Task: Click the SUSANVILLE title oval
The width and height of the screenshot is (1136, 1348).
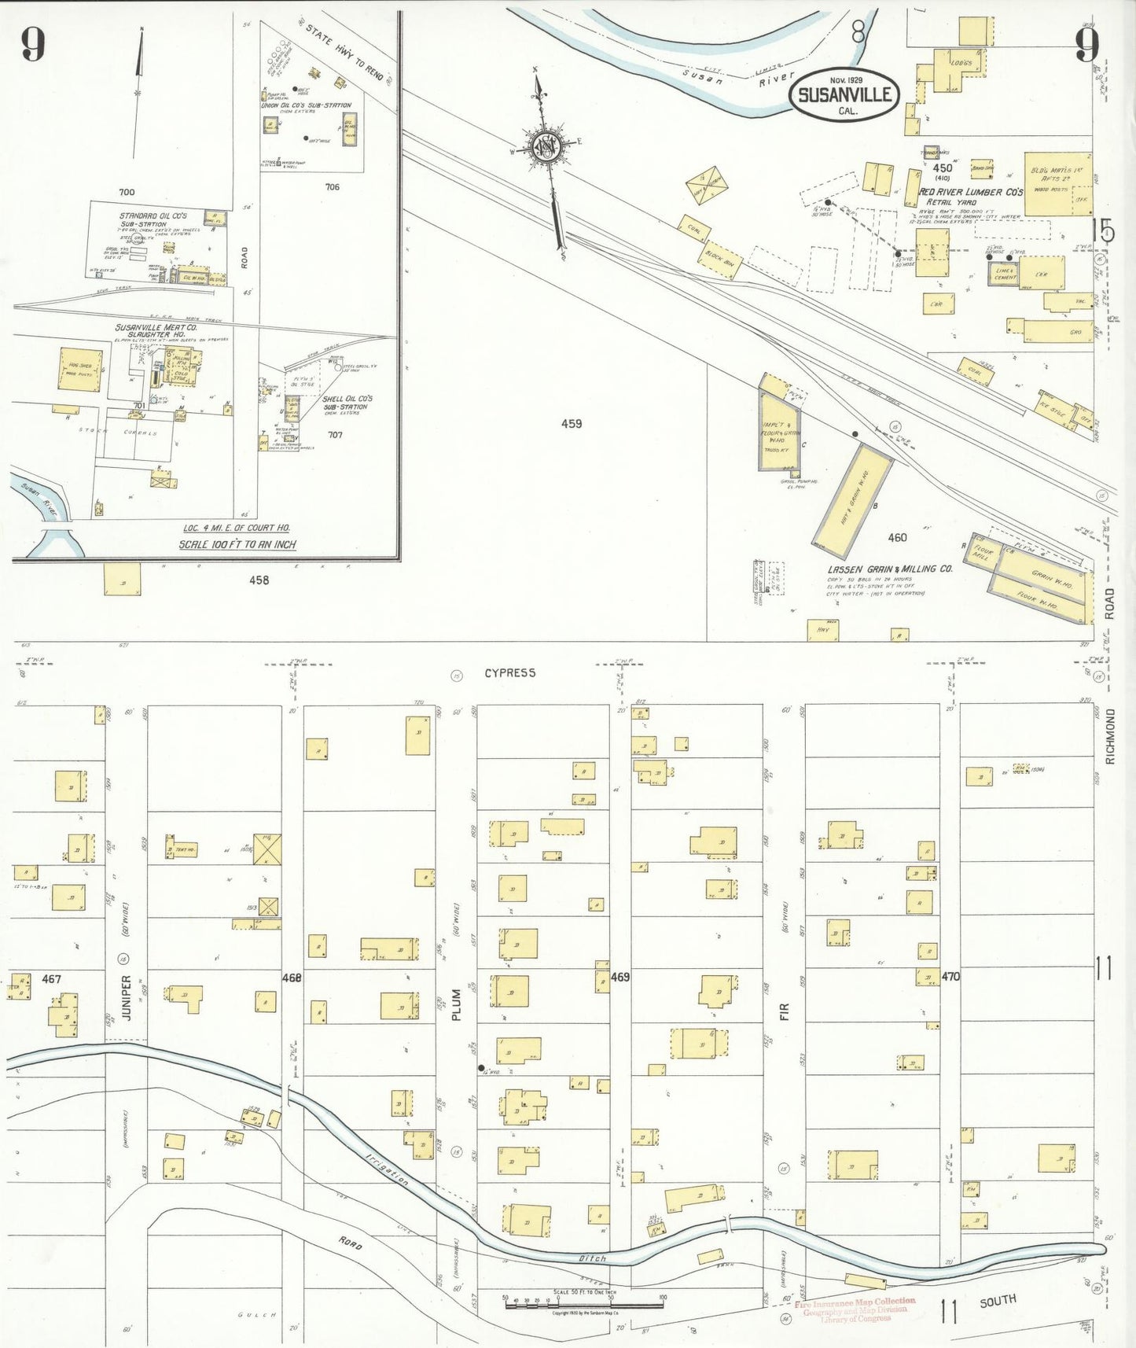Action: pos(844,95)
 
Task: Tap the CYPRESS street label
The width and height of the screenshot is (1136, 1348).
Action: pos(509,673)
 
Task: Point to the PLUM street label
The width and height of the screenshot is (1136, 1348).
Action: pos(456,1006)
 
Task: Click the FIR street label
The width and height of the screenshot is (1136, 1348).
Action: pos(784,1012)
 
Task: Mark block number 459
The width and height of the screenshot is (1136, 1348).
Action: pos(572,424)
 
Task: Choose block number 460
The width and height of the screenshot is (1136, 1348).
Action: pos(897,538)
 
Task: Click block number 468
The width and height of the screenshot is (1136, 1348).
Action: pos(292,978)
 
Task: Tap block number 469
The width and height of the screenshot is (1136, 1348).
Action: pos(620,977)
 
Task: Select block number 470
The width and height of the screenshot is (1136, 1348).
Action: pos(950,976)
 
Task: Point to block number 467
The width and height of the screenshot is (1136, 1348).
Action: pos(51,979)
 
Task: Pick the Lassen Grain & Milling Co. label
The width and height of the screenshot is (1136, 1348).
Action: pos(890,569)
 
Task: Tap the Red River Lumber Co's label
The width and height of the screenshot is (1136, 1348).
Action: pos(972,192)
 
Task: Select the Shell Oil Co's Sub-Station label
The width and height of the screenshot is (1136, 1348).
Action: pos(347,403)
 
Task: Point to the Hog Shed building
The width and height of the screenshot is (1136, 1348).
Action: pos(80,370)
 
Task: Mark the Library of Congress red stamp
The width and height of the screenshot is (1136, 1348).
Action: pos(855,1309)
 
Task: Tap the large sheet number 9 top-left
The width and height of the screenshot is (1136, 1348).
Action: pos(32,44)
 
